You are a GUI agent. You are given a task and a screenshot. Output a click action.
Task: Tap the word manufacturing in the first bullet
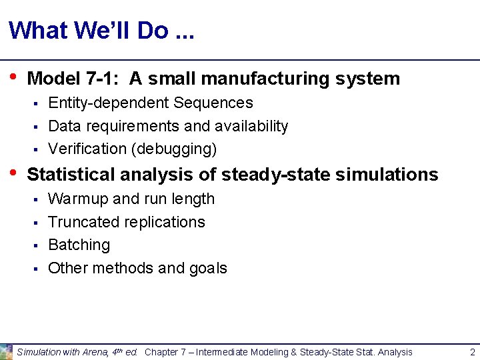pyautogui.click(x=266, y=79)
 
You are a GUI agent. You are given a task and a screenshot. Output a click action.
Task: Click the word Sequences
pyautogui.click(x=213, y=103)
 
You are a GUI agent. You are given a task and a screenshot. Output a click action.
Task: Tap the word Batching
pyautogui.click(x=79, y=245)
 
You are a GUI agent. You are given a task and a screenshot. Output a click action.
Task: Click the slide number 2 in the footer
pyautogui.click(x=472, y=352)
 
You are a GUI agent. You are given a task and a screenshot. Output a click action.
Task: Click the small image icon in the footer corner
pyautogui.click(x=6, y=351)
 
